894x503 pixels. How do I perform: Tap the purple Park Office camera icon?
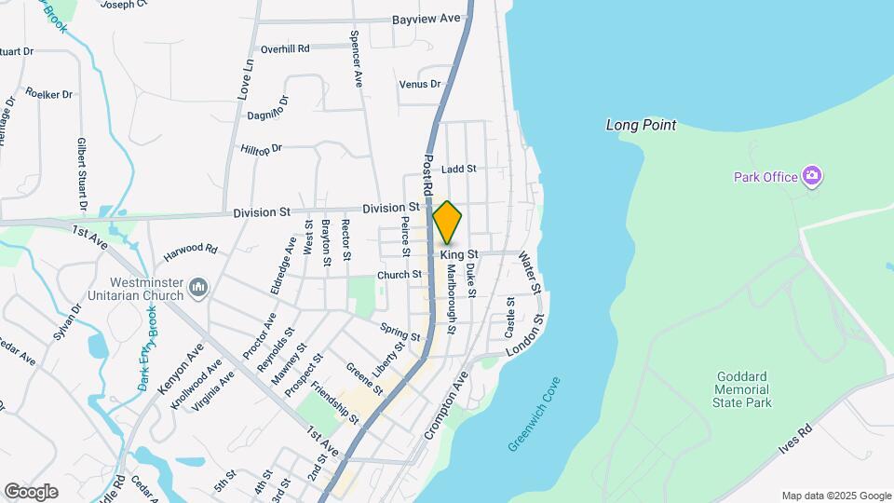[812, 176]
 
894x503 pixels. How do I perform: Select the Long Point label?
[641, 125]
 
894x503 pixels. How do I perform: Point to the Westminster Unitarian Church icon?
[197, 288]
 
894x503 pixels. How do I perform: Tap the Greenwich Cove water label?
[535, 415]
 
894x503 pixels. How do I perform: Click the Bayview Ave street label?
[426, 19]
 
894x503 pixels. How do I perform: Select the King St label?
[459, 254]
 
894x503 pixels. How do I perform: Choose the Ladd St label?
[459, 170]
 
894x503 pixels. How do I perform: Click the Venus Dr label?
[419, 85]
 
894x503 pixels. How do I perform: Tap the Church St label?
[400, 275]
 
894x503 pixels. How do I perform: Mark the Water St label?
[529, 271]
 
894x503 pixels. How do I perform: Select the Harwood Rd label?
[190, 250]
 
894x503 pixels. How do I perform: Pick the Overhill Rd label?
[285, 49]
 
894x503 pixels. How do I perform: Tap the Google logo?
[31, 492]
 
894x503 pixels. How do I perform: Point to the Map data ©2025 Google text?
[836, 496]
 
